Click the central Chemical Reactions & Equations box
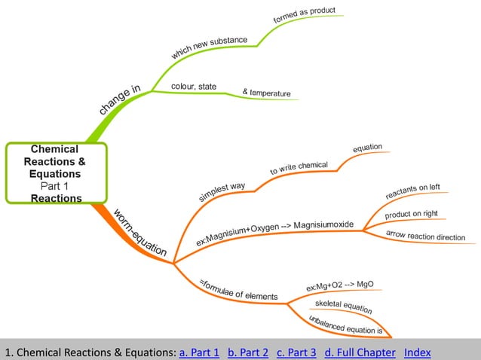pos(57,173)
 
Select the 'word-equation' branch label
pos(140,233)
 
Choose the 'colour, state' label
pos(194,87)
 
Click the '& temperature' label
pos(266,93)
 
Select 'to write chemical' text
pos(299,167)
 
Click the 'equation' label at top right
pos(368,147)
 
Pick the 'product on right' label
pos(411,215)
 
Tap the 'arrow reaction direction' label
pos(425,236)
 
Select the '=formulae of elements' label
pos(238,290)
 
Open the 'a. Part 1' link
pos(199,352)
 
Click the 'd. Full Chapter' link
pos(359,352)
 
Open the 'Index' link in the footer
pos(417,352)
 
